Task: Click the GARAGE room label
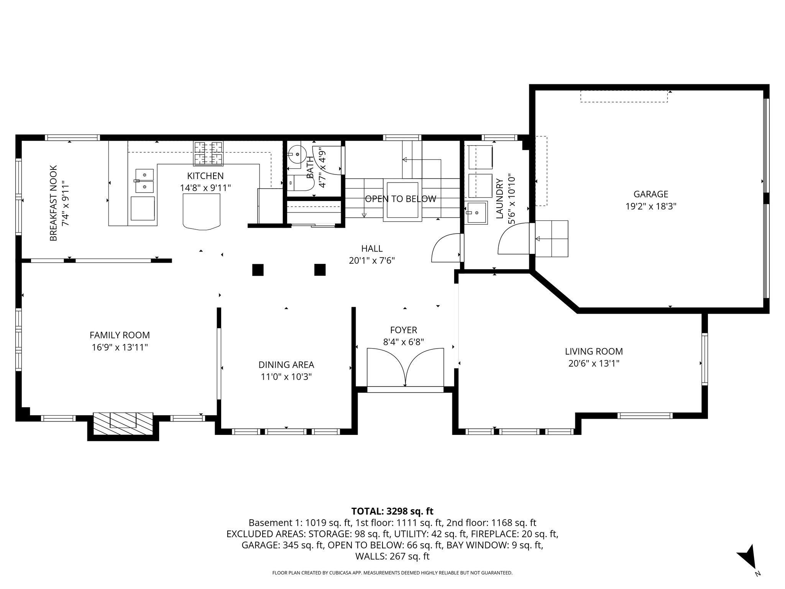650,194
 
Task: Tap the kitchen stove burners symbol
209,153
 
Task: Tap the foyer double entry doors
405,367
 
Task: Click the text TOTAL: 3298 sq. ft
392,511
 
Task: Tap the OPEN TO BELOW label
400,199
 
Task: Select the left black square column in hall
258,270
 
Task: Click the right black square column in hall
320,270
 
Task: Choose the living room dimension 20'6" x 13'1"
594,363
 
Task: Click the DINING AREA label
286,365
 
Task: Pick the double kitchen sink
145,181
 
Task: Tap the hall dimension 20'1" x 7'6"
372,261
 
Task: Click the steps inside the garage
552,239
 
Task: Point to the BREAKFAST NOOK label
53,203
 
